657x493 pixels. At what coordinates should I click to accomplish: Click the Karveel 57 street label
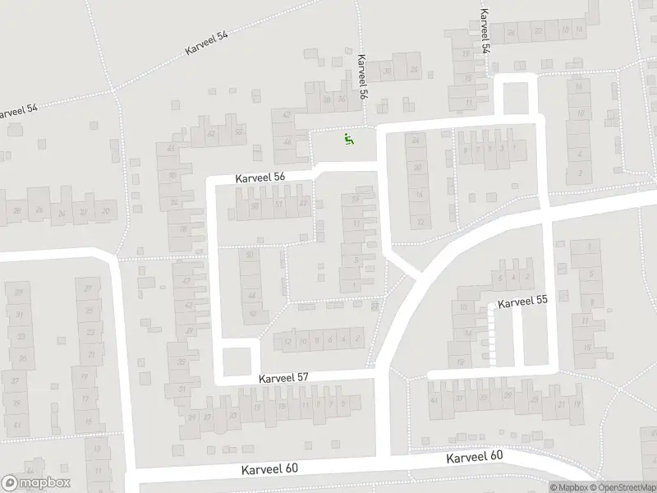(x=283, y=378)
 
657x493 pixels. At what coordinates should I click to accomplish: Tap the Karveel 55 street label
(x=522, y=302)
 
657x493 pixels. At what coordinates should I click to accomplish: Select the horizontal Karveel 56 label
(x=260, y=177)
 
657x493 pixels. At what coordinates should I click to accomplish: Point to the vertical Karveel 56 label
(x=362, y=80)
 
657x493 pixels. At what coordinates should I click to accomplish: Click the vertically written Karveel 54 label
(x=485, y=31)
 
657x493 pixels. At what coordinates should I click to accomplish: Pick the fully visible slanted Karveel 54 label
(x=206, y=42)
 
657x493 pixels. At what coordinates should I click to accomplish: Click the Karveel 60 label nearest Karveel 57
(x=269, y=469)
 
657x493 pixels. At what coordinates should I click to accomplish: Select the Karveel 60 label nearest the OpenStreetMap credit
(x=474, y=458)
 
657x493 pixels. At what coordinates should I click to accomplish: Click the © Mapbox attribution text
(x=571, y=487)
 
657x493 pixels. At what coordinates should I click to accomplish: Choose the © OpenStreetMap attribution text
(x=622, y=487)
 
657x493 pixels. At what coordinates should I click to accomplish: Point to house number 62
(x=211, y=133)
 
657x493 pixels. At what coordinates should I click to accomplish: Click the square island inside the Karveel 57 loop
(x=237, y=360)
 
